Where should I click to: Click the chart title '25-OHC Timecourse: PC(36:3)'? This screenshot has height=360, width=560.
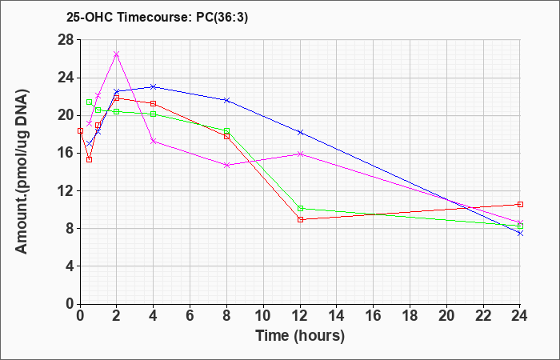pos(157,18)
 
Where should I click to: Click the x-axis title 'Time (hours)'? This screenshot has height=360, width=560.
pos(300,336)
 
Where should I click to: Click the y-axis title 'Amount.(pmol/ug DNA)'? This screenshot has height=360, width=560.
pos(22,171)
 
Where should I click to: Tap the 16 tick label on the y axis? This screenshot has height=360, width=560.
pos(66,154)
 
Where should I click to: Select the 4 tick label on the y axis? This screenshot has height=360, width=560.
pos(70,266)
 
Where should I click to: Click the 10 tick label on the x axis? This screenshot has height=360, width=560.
pos(263,316)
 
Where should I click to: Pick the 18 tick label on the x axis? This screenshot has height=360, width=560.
pos(410,316)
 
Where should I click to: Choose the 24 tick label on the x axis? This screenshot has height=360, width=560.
pos(520,316)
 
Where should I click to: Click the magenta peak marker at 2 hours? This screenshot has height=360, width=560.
pos(117,54)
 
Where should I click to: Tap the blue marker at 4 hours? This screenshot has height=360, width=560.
pos(154,86)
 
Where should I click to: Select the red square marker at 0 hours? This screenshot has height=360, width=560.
pos(80,130)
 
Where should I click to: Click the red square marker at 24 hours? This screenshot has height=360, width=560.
pos(520,204)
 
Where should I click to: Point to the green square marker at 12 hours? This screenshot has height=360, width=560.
pos(300,208)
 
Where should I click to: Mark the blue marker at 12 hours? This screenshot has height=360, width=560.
pos(300,133)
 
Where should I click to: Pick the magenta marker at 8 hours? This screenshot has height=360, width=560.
pos(226,165)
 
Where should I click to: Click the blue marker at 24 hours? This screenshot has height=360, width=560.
pos(520,234)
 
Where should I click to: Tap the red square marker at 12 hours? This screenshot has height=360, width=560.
pos(300,220)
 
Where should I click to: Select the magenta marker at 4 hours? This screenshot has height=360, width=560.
pos(154,141)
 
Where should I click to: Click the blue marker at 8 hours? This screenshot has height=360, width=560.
pos(226,100)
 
